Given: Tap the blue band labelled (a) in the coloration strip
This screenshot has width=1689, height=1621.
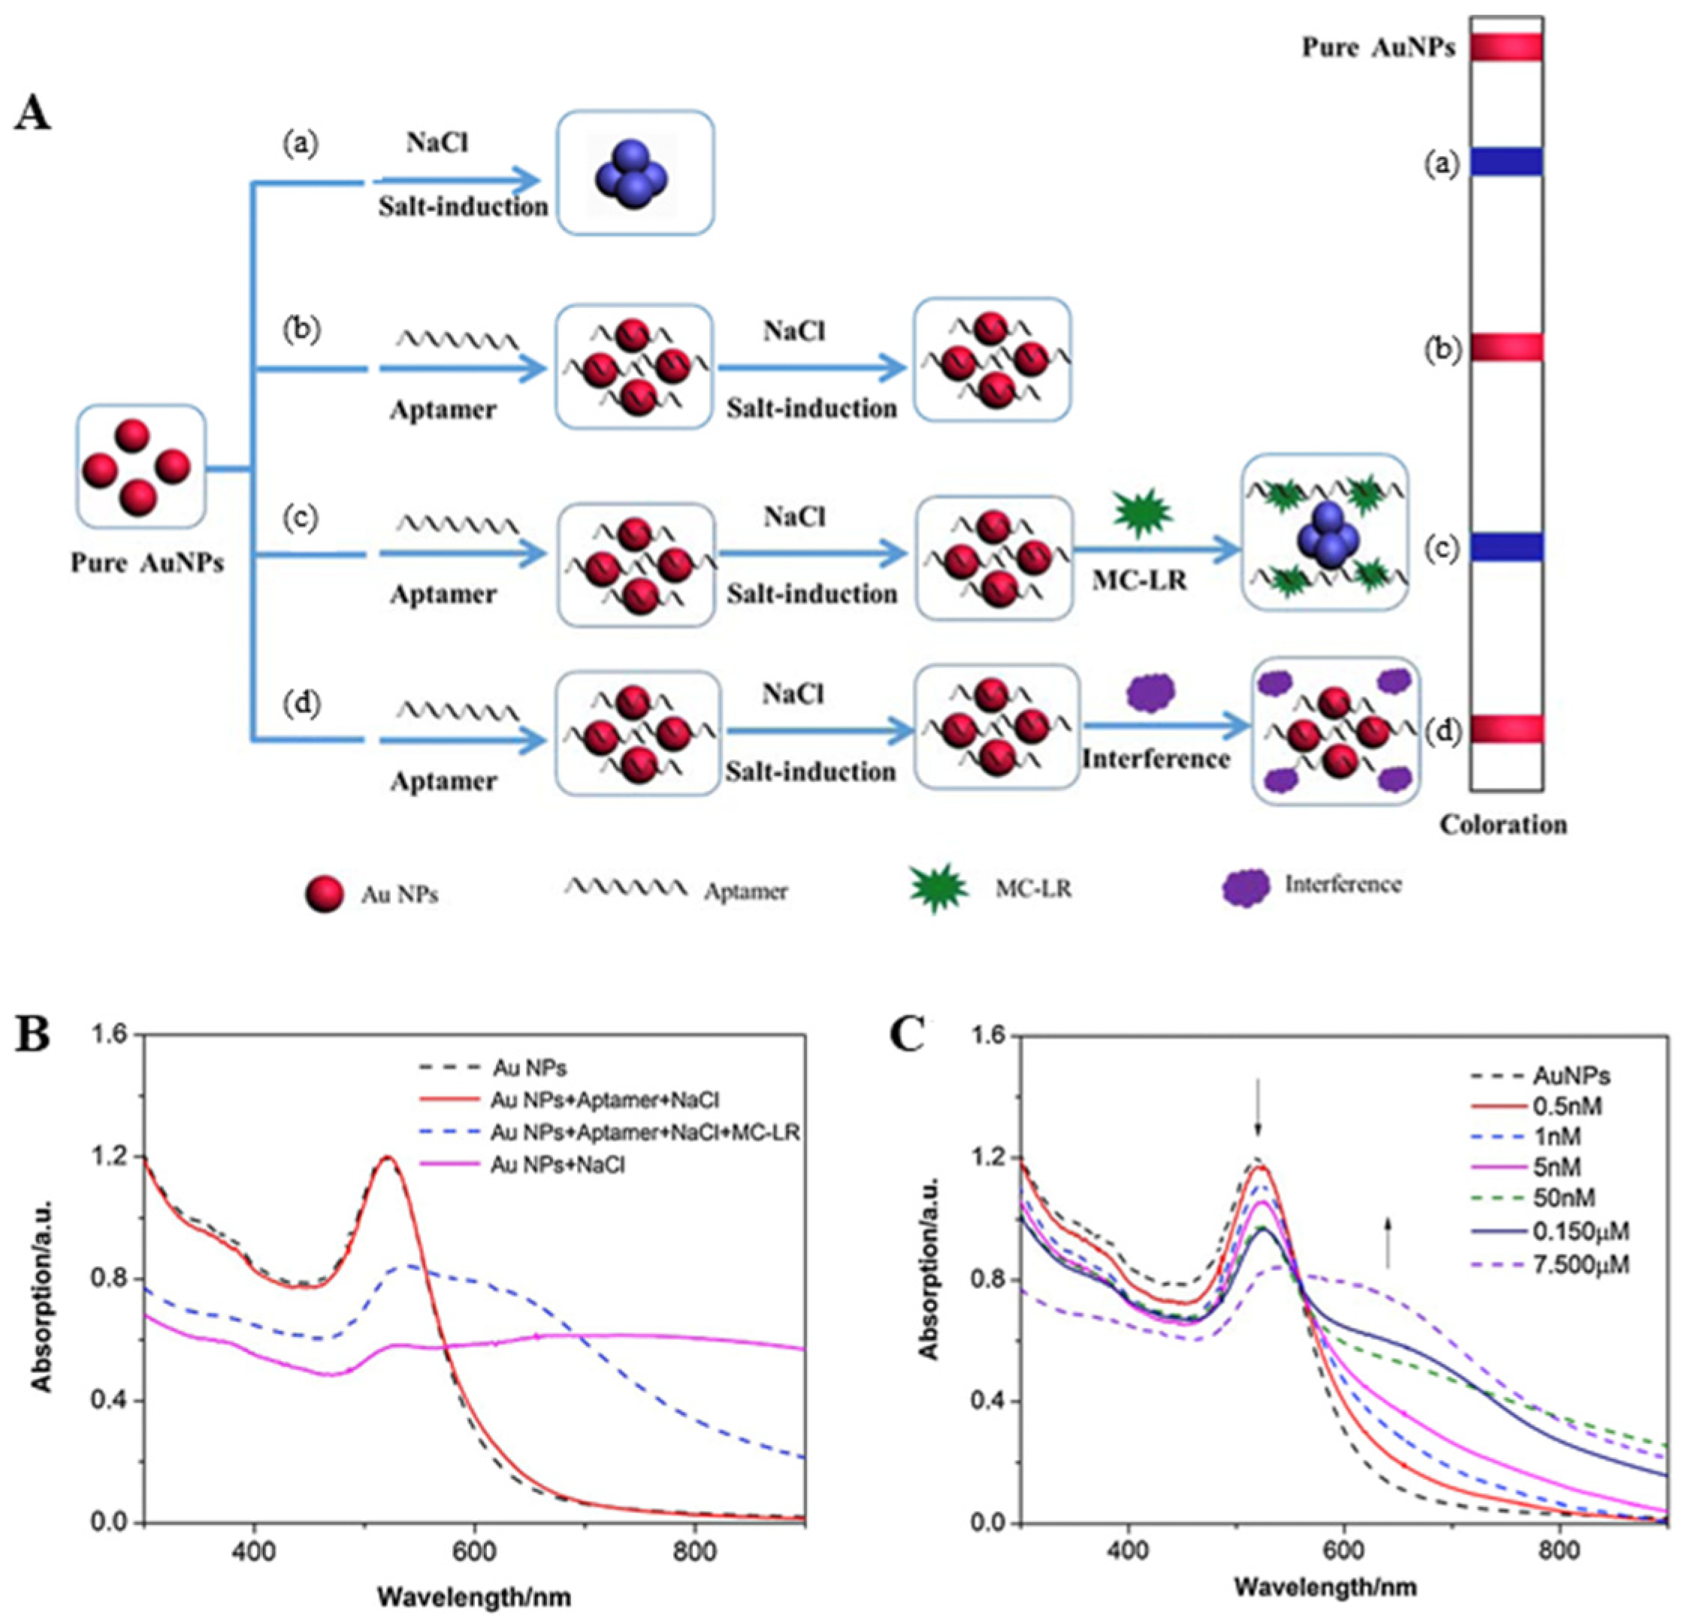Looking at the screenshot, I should point(1506,162).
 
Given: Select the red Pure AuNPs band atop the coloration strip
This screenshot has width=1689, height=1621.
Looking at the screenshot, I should point(1506,47).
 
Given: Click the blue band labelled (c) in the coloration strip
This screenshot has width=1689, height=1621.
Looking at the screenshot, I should point(1506,547).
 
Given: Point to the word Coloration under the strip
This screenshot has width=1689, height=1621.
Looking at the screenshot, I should point(1503,824).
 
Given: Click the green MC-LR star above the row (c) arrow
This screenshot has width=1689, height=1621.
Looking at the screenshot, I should point(1142,512).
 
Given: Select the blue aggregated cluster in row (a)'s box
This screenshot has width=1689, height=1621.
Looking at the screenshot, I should point(632,174).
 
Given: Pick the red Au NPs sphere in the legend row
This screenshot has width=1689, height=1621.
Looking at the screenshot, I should point(325,894).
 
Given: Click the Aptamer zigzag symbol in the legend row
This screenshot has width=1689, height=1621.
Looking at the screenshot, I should point(626,887).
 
